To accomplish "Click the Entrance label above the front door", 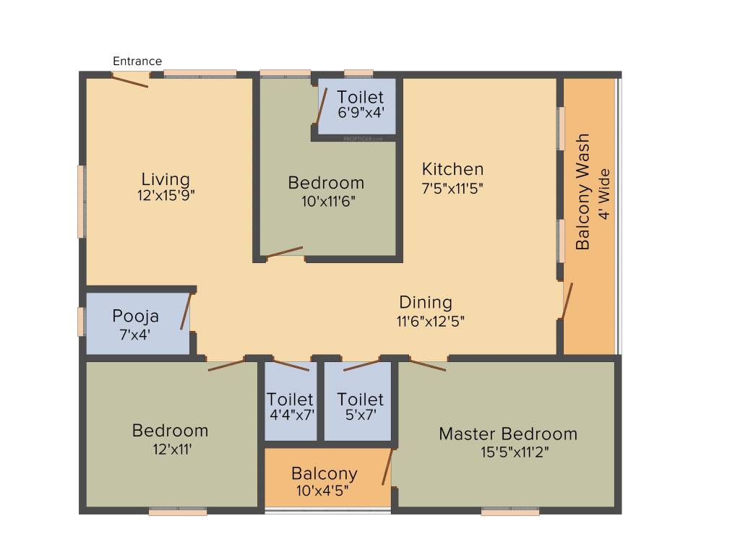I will tap(137, 61).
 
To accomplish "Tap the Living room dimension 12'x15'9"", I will tap(166, 195).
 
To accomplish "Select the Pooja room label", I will tap(135, 317).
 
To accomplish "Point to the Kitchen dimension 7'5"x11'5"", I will tap(452, 188).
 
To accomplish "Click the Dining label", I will tap(426, 302).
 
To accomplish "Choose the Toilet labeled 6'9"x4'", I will tap(360, 98).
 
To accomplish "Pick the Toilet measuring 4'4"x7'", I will tap(290, 400).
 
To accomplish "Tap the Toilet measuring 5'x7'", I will tap(360, 400).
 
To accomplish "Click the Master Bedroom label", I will tap(508, 434).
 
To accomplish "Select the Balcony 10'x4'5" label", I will tap(324, 474).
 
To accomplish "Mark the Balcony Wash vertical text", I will tap(583, 192).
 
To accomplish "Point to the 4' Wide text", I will tap(606, 195).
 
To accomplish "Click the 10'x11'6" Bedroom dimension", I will tap(329, 201).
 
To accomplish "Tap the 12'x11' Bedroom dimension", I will tap(171, 448).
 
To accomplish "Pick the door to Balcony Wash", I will tap(567, 301).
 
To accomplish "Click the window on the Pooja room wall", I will tap(81, 321).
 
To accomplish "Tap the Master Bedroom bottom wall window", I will tap(510, 512).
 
